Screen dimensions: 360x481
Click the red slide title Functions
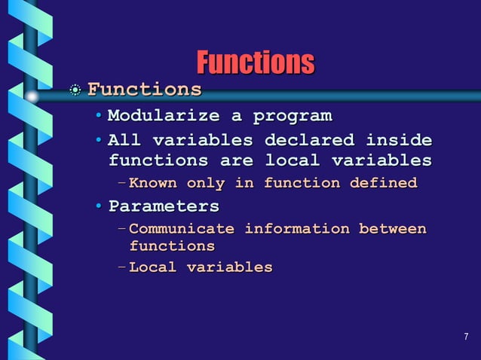click(255, 63)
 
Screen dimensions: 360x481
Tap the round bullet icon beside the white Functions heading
click(74, 90)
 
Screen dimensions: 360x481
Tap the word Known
click(154, 183)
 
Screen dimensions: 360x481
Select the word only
click(205, 183)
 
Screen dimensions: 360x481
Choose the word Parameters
click(164, 206)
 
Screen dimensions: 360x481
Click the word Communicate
click(182, 229)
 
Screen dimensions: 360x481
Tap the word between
click(392, 229)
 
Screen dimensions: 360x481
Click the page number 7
click(466, 336)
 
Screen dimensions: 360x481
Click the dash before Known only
click(122, 183)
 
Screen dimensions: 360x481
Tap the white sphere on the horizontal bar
click(32, 96)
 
